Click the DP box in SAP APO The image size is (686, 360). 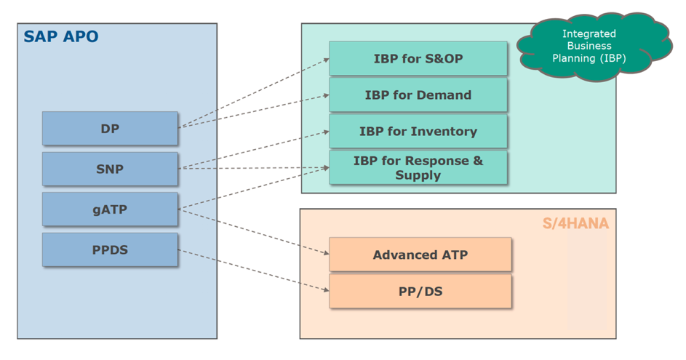[x=110, y=128]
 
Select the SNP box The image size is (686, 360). [x=110, y=169]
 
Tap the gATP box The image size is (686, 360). [x=110, y=209]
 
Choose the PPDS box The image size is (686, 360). [x=110, y=249]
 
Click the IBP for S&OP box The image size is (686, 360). [x=418, y=58]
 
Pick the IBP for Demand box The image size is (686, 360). [x=418, y=95]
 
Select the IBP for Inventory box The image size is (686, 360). [x=418, y=131]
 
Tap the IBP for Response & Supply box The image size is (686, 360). [x=418, y=167]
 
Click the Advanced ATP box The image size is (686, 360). [x=420, y=255]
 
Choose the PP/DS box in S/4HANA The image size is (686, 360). [x=420, y=292]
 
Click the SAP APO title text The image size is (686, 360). [x=61, y=37]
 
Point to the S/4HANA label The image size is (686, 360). [x=575, y=223]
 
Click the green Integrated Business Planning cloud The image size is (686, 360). [x=594, y=47]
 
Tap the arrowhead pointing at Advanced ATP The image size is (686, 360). [x=327, y=253]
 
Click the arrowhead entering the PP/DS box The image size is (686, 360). [x=327, y=289]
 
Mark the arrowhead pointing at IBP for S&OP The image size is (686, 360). [x=327, y=60]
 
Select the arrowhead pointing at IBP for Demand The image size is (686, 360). [x=327, y=95]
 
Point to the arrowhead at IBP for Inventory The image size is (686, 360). [x=327, y=131]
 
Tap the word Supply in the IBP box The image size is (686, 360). [x=418, y=175]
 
